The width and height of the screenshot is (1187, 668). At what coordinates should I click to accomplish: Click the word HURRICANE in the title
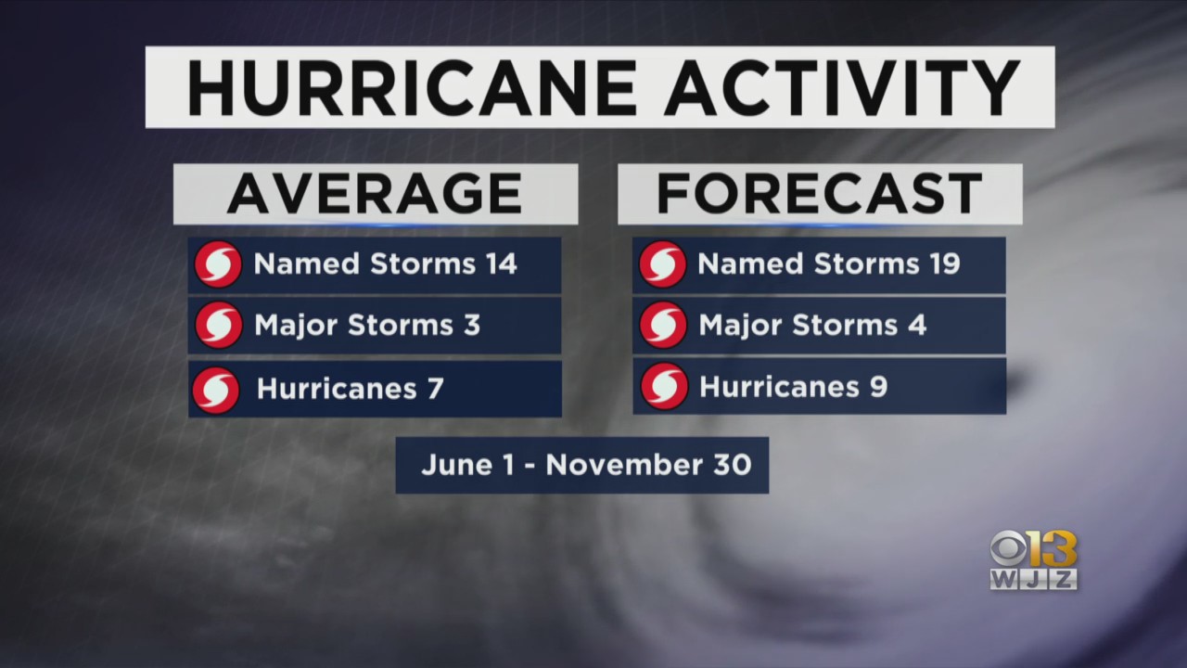point(411,87)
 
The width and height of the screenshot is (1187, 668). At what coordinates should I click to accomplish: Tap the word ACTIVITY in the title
point(843,87)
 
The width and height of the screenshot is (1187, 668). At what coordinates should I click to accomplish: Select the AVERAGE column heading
point(375,194)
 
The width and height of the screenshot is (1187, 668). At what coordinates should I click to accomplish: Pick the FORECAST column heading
point(819,194)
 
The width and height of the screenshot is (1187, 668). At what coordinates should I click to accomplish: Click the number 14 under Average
point(502,263)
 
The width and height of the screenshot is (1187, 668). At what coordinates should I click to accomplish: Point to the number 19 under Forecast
point(945,263)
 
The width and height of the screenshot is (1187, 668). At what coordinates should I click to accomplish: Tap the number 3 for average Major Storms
point(472,325)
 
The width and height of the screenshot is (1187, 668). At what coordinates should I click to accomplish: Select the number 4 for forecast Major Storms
point(917,325)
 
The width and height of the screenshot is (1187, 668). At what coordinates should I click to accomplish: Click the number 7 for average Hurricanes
point(436,389)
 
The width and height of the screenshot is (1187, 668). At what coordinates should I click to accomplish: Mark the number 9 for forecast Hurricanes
point(878,387)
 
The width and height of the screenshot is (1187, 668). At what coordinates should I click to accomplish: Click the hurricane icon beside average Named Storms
point(218,264)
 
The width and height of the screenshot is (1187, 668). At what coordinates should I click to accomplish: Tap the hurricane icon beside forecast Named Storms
point(662,264)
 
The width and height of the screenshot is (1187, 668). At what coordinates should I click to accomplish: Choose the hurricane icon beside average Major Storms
point(218,325)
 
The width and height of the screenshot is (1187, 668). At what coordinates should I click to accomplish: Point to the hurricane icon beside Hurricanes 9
point(664,386)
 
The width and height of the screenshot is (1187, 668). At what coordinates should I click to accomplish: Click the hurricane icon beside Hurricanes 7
point(216,391)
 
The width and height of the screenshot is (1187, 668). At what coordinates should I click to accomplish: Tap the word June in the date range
point(457,465)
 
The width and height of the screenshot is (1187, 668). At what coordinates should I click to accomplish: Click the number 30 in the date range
point(733,465)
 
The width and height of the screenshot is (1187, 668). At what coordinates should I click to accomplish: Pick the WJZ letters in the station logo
point(1034,579)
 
